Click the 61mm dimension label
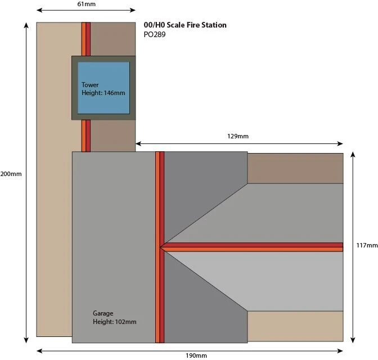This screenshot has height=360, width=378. tap(86, 4)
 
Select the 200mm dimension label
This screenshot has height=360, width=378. tap(11, 174)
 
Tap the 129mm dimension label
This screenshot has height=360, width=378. tap(238, 136)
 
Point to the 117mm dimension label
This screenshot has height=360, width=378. tap(367, 245)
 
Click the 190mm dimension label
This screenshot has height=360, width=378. tap(196, 355)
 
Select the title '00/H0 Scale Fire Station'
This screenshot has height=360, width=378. tap(185, 25)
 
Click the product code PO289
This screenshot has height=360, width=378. tap(155, 34)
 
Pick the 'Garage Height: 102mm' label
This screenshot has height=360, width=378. tap(114, 318)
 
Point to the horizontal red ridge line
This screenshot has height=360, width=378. tap(253, 247)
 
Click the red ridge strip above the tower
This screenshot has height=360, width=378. tap(86, 39)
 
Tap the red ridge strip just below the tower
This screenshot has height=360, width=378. tap(86, 136)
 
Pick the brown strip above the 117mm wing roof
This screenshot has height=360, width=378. tap(295, 168)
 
